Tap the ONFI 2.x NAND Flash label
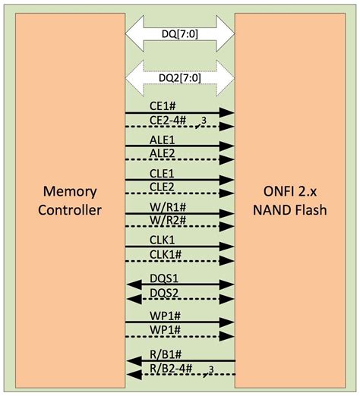[292, 200]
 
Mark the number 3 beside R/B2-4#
[210, 369]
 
